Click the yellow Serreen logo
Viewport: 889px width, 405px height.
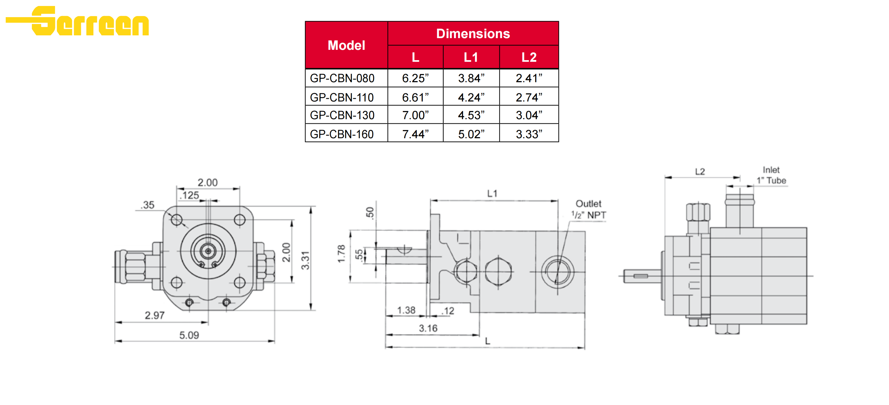78,21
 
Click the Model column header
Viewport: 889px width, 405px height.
346,45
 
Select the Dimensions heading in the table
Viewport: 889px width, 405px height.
473,34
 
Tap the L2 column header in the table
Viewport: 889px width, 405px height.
529,57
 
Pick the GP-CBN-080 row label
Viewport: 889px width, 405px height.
342,79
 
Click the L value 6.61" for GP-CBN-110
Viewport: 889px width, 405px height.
415,98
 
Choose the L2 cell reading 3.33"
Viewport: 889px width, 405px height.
529,134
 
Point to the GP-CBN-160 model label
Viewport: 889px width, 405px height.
342,134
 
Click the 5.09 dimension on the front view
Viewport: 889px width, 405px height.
189,335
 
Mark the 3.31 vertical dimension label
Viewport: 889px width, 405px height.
305,260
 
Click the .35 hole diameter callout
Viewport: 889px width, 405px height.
148,205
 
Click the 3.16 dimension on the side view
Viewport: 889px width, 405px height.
428,328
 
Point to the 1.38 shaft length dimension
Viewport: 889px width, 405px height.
406,310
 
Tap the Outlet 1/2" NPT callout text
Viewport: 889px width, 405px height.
588,209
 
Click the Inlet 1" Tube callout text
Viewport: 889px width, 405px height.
771,175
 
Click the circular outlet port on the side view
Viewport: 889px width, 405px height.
557,272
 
